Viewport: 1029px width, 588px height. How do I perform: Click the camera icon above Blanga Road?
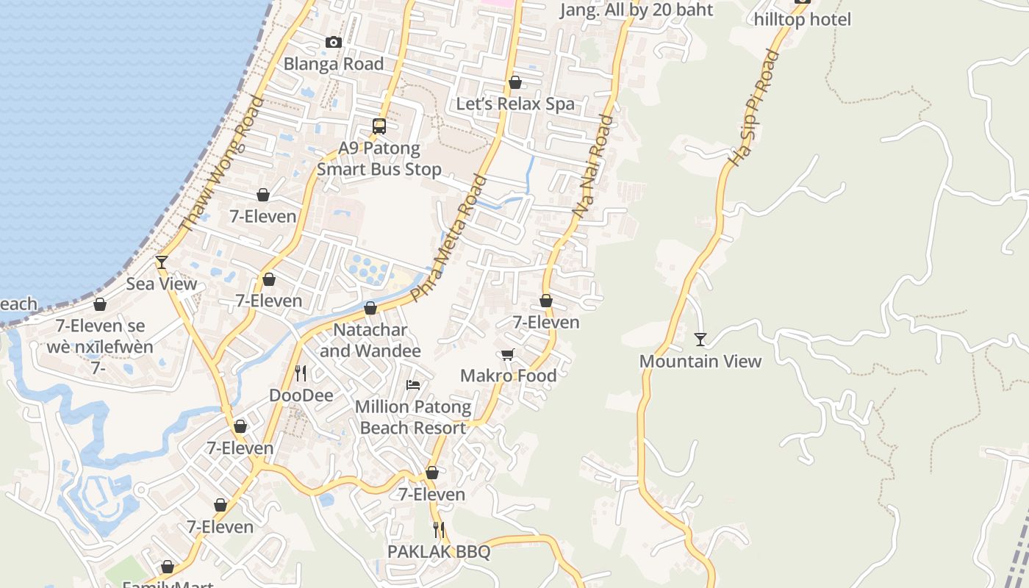[334, 43]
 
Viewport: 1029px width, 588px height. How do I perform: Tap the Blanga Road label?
[334, 64]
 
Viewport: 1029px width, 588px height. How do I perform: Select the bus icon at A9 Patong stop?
[379, 126]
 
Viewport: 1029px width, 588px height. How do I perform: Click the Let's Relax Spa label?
[515, 104]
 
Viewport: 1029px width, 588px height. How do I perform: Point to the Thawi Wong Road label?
[221, 165]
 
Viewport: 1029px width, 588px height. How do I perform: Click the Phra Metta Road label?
[449, 238]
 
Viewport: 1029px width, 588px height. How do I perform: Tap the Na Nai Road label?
[592, 165]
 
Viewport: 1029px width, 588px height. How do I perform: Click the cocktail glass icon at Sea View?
[162, 262]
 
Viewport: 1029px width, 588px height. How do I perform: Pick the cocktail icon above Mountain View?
[700, 340]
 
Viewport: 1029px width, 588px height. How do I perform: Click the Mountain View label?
[700, 361]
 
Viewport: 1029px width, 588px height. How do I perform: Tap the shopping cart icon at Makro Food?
[507, 355]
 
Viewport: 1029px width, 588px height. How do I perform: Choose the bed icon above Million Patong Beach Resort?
[413, 385]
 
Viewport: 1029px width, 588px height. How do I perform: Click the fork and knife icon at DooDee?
[301, 373]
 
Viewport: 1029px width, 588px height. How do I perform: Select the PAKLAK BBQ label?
[439, 551]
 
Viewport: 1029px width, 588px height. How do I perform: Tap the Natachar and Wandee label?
[370, 340]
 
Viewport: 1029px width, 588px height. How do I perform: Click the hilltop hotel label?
[803, 20]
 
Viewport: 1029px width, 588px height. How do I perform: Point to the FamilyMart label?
[168, 583]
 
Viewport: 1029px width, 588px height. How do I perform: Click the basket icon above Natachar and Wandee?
[370, 308]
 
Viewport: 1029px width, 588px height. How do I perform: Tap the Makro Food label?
[508, 376]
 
